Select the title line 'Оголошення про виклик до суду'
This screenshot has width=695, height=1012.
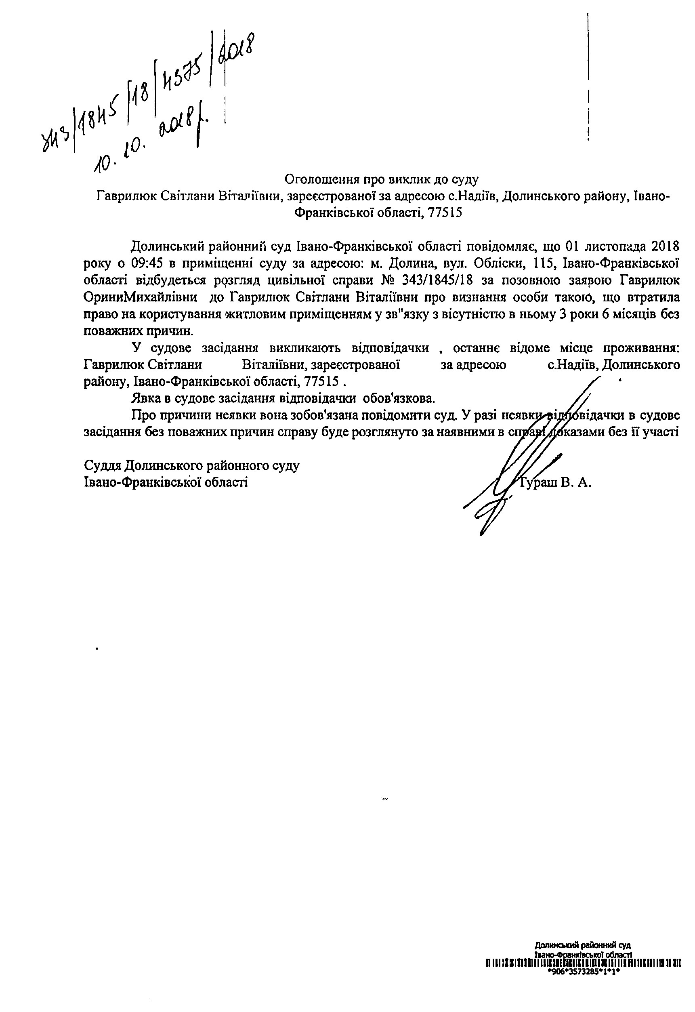[382, 179]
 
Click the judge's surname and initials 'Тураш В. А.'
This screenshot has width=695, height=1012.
[556, 483]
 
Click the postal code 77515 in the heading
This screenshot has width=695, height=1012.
[445, 213]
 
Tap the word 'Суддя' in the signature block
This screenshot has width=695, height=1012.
[102, 466]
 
